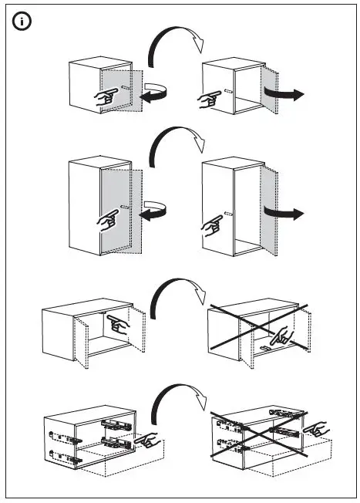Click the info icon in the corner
pos(22,22)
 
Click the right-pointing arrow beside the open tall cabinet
pos(284,211)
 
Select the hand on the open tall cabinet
pos(210,224)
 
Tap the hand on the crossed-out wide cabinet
pos(282,336)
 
